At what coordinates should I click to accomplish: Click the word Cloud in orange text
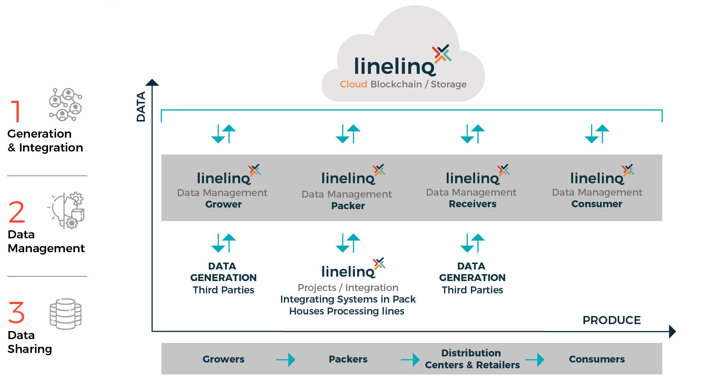coord(353,84)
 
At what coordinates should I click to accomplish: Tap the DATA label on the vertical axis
coord(141,106)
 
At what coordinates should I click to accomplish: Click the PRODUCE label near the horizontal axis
coord(612,320)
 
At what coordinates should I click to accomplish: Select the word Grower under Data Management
coord(224,204)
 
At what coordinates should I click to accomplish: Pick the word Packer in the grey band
coord(348,206)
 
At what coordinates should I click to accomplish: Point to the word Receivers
coord(472,204)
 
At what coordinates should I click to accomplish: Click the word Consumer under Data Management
coord(597,204)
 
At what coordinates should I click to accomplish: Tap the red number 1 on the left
coord(16,111)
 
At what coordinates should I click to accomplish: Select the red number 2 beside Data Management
coord(17,212)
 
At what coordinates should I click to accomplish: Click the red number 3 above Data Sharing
coord(17,313)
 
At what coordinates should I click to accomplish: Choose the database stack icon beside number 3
coord(65,314)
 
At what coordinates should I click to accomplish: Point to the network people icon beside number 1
coord(65,104)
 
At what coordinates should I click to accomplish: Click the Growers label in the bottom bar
coord(224,359)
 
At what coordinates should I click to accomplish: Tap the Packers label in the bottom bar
coord(348,359)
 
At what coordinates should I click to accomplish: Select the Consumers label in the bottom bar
coord(597,359)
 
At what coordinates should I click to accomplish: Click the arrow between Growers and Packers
coord(286,360)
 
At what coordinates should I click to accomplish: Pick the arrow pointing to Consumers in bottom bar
coord(535,360)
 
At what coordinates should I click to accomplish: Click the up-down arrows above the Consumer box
coord(597,134)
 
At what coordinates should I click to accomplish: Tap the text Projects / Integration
coord(348,288)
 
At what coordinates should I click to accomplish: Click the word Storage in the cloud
coord(448,84)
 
